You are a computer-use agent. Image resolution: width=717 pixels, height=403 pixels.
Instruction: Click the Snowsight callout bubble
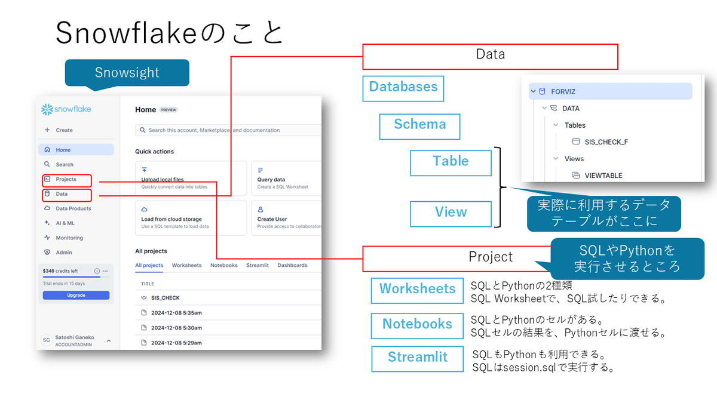(127, 73)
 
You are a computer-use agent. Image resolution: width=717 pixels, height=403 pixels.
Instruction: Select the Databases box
(403, 87)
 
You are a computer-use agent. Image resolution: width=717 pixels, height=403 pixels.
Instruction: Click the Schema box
(419, 125)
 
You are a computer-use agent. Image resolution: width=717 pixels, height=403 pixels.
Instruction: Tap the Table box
(451, 162)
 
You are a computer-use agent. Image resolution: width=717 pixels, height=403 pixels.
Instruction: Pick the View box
(451, 213)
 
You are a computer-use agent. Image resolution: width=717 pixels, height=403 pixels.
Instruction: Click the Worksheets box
(417, 290)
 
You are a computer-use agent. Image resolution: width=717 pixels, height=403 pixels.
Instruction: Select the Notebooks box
(417, 325)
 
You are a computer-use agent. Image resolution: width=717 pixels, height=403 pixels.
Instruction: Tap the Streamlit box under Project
(417, 358)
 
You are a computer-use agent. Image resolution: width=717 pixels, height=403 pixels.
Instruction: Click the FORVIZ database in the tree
(563, 91)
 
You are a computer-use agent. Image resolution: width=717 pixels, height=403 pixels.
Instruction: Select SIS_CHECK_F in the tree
(606, 142)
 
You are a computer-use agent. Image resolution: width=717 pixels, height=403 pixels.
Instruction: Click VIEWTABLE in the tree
(603, 176)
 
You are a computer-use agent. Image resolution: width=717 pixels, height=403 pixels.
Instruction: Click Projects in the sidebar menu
(66, 180)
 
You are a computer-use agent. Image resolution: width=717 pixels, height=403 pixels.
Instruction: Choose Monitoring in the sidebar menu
(69, 238)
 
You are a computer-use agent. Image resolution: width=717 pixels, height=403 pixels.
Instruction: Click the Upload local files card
(191, 179)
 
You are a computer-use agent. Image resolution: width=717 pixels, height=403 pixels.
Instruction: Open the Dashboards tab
(292, 265)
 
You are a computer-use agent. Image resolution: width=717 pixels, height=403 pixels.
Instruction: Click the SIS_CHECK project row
(165, 297)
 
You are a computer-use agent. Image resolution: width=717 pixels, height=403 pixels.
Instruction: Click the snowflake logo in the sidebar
(66, 110)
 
